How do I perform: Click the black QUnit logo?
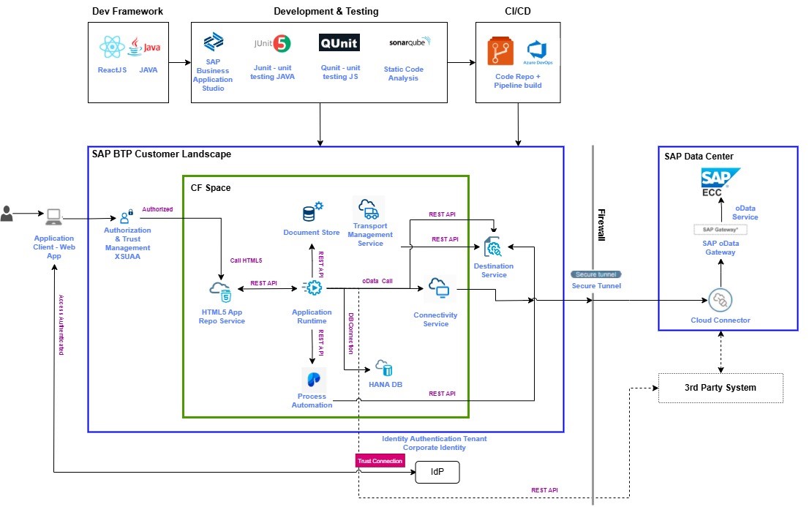[x=339, y=43]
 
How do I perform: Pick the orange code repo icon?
[x=503, y=52]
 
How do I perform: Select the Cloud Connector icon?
[x=721, y=300]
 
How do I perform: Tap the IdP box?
[x=437, y=473]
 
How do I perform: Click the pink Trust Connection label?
[x=380, y=461]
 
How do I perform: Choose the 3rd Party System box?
[x=721, y=388]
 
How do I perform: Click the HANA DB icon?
[x=383, y=367]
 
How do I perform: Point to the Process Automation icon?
[x=313, y=379]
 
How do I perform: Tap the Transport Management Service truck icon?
[x=369, y=209]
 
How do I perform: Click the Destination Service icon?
[x=494, y=247]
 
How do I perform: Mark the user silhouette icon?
[x=7, y=214]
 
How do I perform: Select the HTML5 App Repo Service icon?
[x=221, y=290]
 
